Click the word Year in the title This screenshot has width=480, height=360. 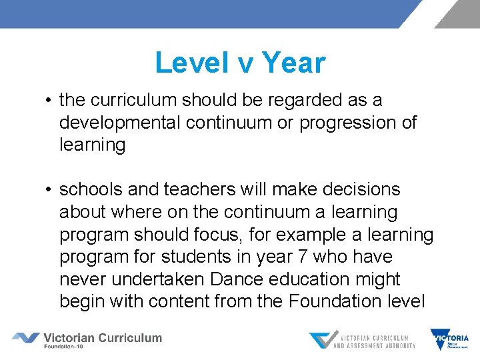click(x=294, y=63)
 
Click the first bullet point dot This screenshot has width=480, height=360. click(x=49, y=101)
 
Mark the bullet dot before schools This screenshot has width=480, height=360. click(x=49, y=190)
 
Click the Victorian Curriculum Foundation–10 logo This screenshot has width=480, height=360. click(x=87, y=339)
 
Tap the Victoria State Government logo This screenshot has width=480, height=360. click(x=449, y=339)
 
